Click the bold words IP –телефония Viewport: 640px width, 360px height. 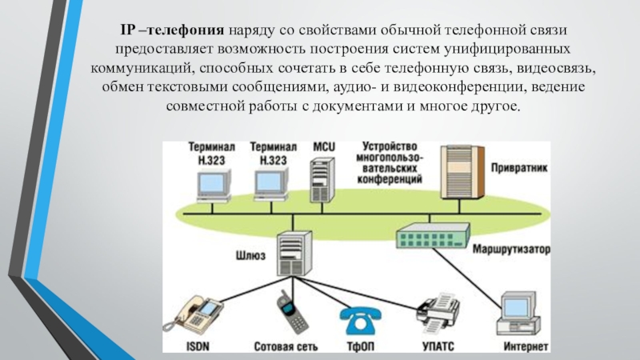coord(172,30)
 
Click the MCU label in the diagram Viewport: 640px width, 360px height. coord(324,147)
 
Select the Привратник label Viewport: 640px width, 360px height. coord(519,167)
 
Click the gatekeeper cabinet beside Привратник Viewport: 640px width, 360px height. coord(462,172)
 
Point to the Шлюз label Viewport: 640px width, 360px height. coord(250,255)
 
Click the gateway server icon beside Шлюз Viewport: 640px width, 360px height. coord(294,253)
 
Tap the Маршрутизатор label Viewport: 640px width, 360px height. coord(511,249)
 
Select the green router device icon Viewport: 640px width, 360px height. coord(433,236)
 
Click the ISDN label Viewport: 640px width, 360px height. coord(198,346)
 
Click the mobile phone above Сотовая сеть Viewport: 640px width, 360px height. coord(291,312)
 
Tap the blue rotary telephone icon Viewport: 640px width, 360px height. coord(361,321)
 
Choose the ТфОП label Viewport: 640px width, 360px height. coord(361,346)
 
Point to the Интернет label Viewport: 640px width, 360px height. coord(526,346)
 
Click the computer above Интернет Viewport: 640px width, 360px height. coord(518,314)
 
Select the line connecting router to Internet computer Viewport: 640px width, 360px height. coord(467,278)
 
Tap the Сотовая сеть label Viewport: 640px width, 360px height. coord(286,346)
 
